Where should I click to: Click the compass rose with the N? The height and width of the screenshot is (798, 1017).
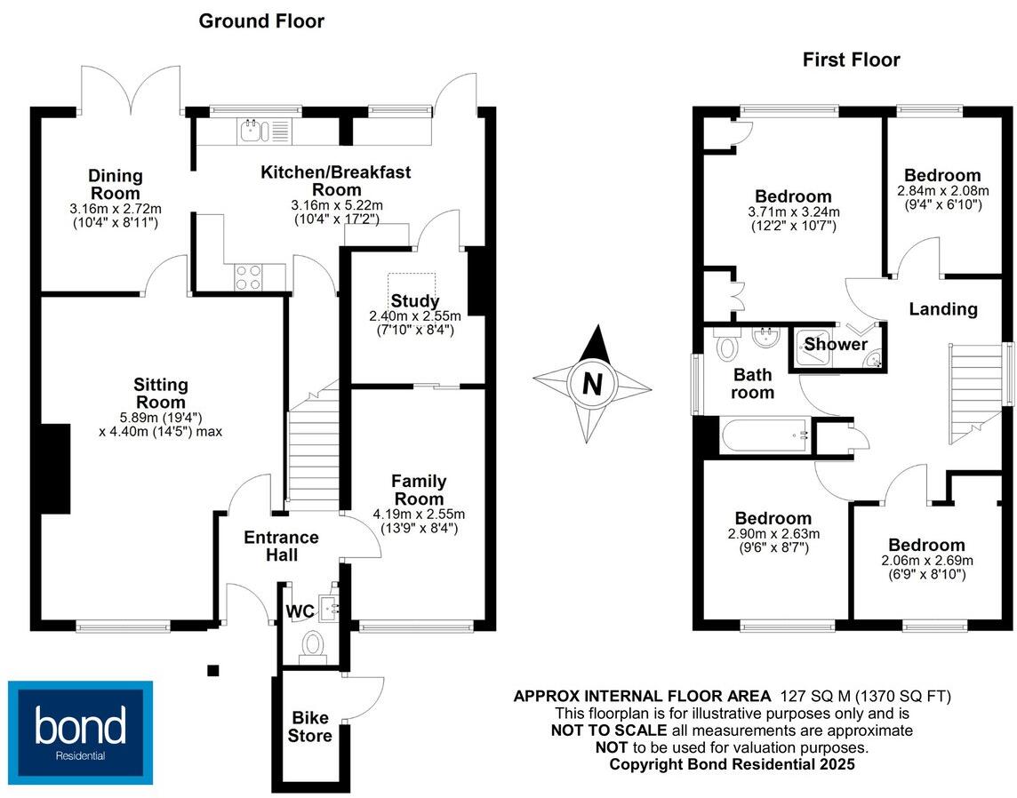click(591, 384)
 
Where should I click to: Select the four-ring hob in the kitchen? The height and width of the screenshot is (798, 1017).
click(248, 277)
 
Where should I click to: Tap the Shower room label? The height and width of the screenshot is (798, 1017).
click(836, 344)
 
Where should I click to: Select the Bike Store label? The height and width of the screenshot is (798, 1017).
click(312, 726)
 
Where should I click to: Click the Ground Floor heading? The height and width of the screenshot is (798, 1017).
click(261, 20)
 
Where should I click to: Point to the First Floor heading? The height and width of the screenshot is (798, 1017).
click(851, 60)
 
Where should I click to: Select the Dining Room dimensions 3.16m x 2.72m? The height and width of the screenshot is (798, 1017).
click(115, 209)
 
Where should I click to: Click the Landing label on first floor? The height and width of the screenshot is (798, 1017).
click(942, 309)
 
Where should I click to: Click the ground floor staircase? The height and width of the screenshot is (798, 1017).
click(314, 453)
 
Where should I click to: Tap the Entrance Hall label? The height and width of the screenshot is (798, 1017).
click(281, 546)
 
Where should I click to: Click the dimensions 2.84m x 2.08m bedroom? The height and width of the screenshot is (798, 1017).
click(941, 191)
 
